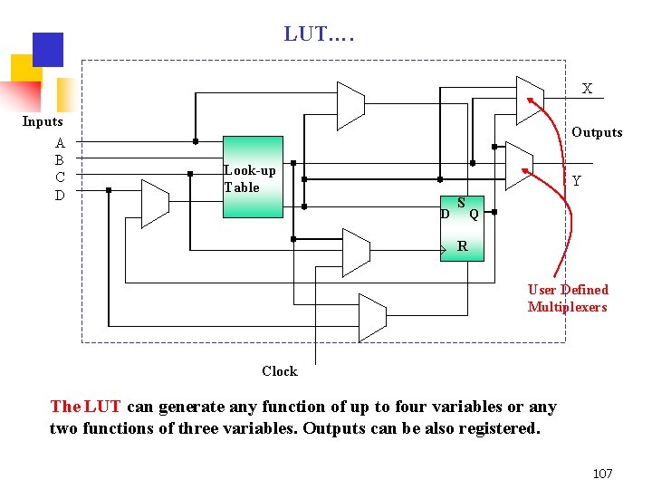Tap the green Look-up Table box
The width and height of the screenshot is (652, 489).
(x=254, y=177)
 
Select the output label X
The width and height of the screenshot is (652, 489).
(x=587, y=89)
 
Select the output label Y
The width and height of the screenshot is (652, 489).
(x=576, y=181)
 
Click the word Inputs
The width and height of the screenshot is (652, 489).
(x=43, y=121)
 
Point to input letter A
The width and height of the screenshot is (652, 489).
(x=60, y=143)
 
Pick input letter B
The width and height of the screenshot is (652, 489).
(x=60, y=160)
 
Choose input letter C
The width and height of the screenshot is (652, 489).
(x=60, y=177)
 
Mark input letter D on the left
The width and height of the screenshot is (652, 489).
(x=60, y=195)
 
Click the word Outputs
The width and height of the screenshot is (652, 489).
(x=597, y=132)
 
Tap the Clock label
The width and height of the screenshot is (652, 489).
(x=279, y=371)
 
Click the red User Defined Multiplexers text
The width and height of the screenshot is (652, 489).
(x=568, y=298)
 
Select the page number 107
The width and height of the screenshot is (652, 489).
(x=602, y=474)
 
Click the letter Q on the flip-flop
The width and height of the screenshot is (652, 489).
(x=474, y=215)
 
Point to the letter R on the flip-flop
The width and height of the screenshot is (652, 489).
(x=463, y=245)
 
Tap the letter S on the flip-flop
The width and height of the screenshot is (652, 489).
(x=461, y=203)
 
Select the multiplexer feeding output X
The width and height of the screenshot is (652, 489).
(x=529, y=99)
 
